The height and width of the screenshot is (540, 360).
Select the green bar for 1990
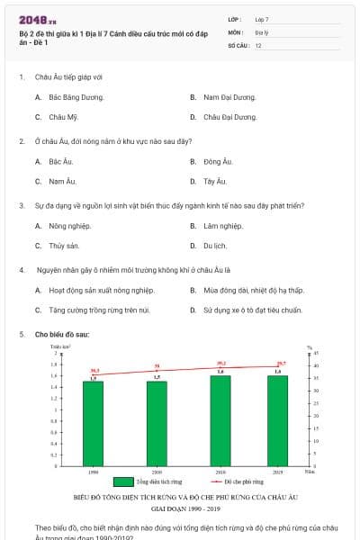[94, 423]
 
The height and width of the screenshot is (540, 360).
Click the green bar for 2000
[157, 423]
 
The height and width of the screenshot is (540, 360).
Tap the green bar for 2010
[220, 420]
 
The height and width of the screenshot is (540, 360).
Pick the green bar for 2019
[278, 420]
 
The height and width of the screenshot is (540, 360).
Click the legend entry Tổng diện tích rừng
[154, 481]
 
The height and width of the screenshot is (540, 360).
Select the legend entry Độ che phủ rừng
[237, 481]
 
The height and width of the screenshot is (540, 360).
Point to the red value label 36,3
[94, 370]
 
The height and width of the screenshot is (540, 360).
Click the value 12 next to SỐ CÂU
[258, 44]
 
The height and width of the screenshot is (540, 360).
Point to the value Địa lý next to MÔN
[262, 31]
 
